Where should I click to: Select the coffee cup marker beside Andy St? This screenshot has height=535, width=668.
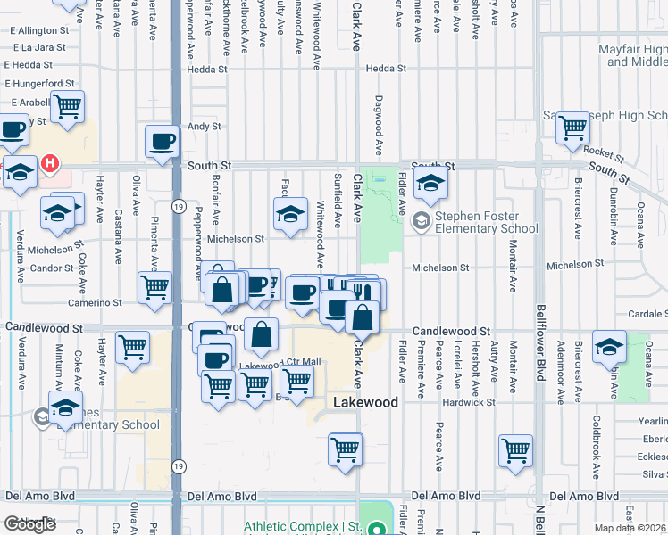[x=163, y=142]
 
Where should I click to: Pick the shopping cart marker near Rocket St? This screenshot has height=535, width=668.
[x=572, y=128]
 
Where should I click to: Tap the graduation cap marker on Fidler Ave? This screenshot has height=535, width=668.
[x=430, y=185]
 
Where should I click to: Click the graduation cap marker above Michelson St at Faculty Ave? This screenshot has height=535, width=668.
[x=290, y=214]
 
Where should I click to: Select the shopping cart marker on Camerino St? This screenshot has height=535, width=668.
[x=154, y=287]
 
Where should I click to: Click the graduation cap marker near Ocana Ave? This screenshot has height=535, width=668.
[x=609, y=347]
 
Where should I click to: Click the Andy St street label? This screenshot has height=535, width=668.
[x=204, y=127]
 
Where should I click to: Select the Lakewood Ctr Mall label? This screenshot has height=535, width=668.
[x=280, y=362]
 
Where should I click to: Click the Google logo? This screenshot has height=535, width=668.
[x=30, y=524]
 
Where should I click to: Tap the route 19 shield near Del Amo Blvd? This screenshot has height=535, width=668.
[x=178, y=465]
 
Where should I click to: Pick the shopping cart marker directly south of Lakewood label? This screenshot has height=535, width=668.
[x=345, y=450]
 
